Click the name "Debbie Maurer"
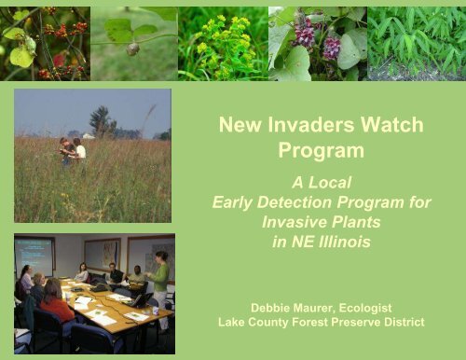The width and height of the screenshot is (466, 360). coord(286,304)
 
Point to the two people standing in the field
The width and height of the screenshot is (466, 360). coord(72,149)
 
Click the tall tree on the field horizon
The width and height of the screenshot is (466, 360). coord(100,119)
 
